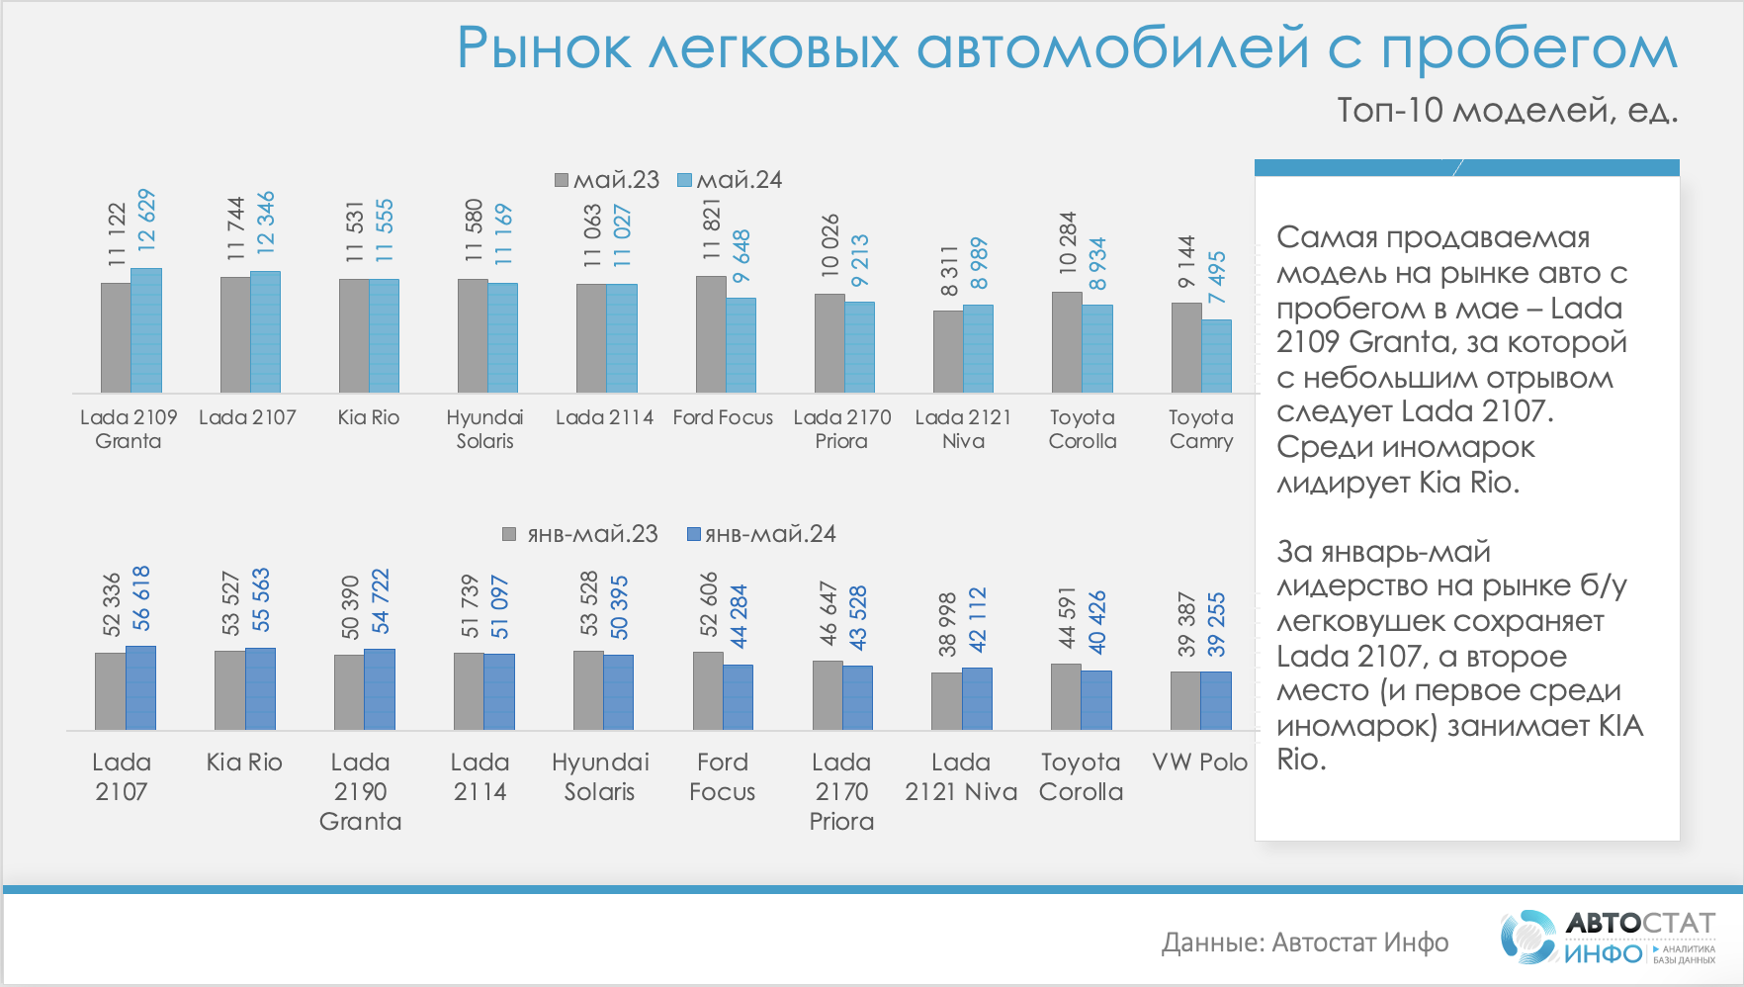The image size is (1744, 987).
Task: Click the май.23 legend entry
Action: [606, 180]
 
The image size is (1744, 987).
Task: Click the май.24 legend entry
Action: [730, 180]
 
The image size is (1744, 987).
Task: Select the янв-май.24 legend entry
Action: [761, 534]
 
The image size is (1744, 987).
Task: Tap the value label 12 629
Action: [146, 220]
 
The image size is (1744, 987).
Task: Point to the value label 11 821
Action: [712, 229]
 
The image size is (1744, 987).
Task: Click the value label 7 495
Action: [1217, 277]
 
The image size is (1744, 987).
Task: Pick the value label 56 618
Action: [141, 598]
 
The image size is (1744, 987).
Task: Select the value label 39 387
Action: [1186, 624]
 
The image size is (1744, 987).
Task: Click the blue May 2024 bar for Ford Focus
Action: [741, 345]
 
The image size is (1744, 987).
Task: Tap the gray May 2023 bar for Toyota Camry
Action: [1186, 347]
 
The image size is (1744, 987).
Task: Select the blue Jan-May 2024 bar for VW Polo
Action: [1216, 700]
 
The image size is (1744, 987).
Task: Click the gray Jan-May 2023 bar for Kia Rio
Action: [229, 690]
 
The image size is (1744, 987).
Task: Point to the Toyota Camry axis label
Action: [1201, 429]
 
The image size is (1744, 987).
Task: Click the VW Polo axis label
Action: [1200, 763]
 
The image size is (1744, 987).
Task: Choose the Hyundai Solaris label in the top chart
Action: [484, 429]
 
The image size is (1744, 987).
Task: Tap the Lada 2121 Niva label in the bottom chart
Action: [961, 777]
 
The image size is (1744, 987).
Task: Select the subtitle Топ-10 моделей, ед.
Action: [1507, 110]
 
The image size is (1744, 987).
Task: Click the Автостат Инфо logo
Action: [1608, 938]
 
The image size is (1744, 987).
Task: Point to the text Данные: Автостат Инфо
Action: [1304, 942]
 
